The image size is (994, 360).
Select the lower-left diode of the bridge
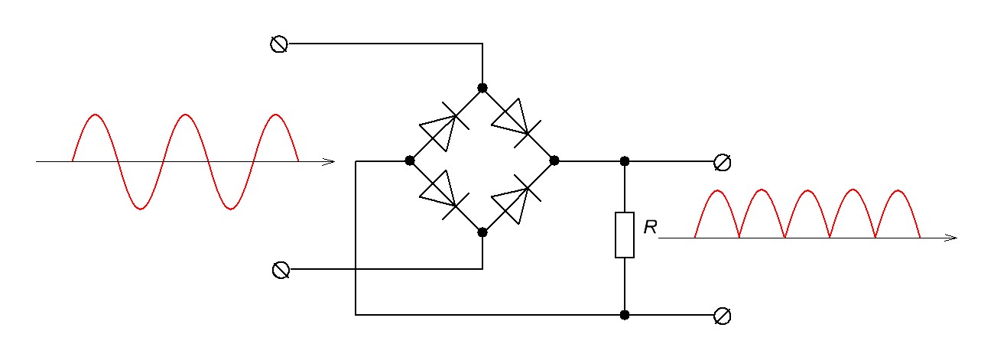(442, 194)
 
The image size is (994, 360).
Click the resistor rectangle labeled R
(625, 235)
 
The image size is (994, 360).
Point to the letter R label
(651, 228)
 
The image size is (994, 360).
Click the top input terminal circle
(280, 44)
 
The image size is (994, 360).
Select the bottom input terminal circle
(281, 270)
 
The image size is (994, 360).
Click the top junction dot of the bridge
(482, 88)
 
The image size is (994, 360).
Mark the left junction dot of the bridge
(410, 161)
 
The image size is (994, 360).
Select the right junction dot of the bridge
(554, 161)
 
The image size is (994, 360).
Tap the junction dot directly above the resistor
(625, 161)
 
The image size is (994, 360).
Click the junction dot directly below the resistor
(625, 314)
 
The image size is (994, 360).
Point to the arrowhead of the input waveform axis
(330, 161)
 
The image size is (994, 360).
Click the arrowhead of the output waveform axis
(952, 238)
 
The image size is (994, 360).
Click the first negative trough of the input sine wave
(139, 207)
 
